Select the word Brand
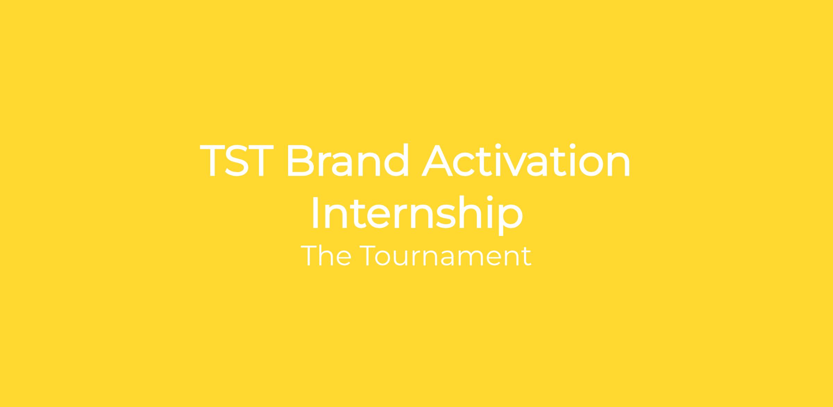click(x=348, y=160)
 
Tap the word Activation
click(x=526, y=160)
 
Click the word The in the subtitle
click(x=326, y=256)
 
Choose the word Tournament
click(x=445, y=256)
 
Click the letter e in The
click(x=344, y=259)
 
